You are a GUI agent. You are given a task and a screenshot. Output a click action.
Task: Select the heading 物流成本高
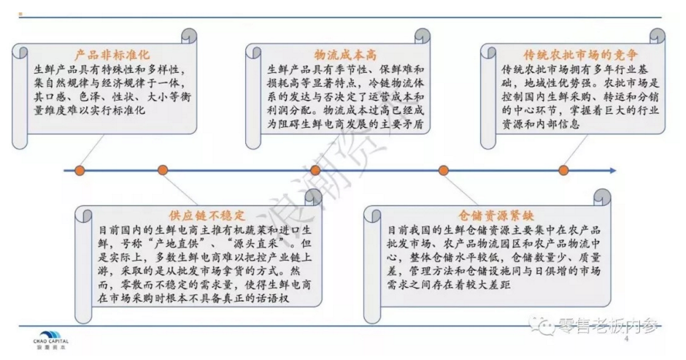[x=340, y=55]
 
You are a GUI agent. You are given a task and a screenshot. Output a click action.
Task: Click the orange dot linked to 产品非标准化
[x=80, y=171]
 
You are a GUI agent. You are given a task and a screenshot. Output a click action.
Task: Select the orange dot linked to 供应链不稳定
[x=162, y=171]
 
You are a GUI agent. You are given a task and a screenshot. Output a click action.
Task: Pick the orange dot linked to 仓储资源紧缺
[x=443, y=171]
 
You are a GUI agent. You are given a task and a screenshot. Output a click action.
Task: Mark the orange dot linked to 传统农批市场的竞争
[x=563, y=171]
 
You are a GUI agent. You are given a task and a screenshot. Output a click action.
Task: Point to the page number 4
[x=625, y=340]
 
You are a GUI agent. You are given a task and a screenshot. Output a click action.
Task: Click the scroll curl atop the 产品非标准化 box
[x=190, y=39]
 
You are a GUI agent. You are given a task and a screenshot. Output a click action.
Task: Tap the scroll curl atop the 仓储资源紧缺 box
[x=603, y=198]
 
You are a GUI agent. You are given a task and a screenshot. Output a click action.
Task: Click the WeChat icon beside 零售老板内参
[x=543, y=328]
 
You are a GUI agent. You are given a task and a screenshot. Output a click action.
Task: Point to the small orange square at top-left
[x=20, y=15]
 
